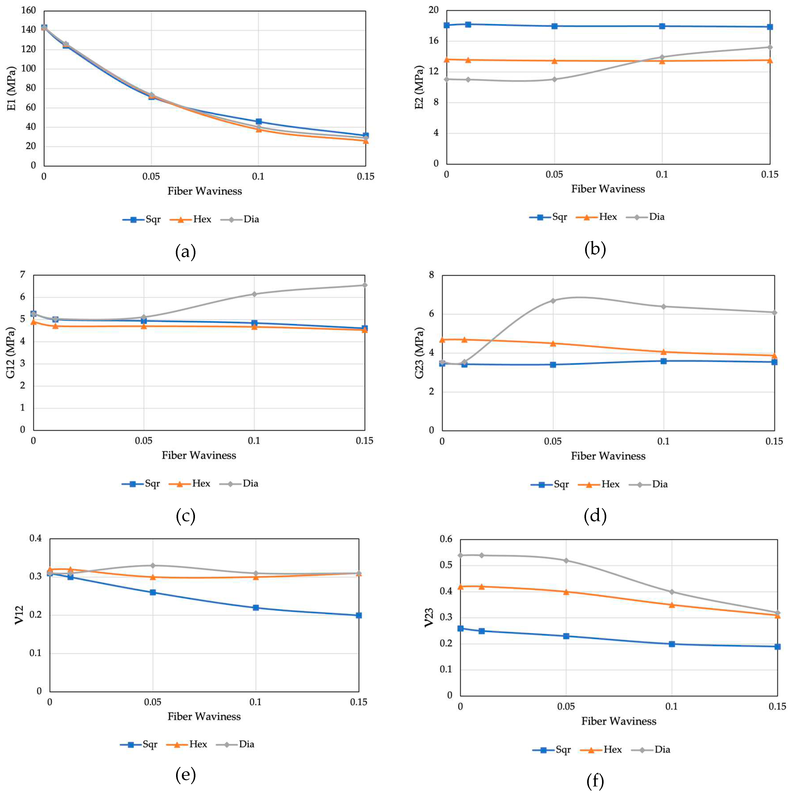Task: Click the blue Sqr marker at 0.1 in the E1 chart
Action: (259, 122)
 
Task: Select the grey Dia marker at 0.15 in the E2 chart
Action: (770, 47)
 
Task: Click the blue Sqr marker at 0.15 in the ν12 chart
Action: (359, 615)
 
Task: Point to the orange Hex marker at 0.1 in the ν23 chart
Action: (672, 605)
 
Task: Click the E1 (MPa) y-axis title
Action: (12, 88)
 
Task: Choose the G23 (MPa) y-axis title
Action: (419, 353)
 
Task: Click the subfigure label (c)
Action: (185, 517)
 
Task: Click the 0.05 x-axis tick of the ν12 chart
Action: (153, 702)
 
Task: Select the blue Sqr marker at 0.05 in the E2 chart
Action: (554, 26)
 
